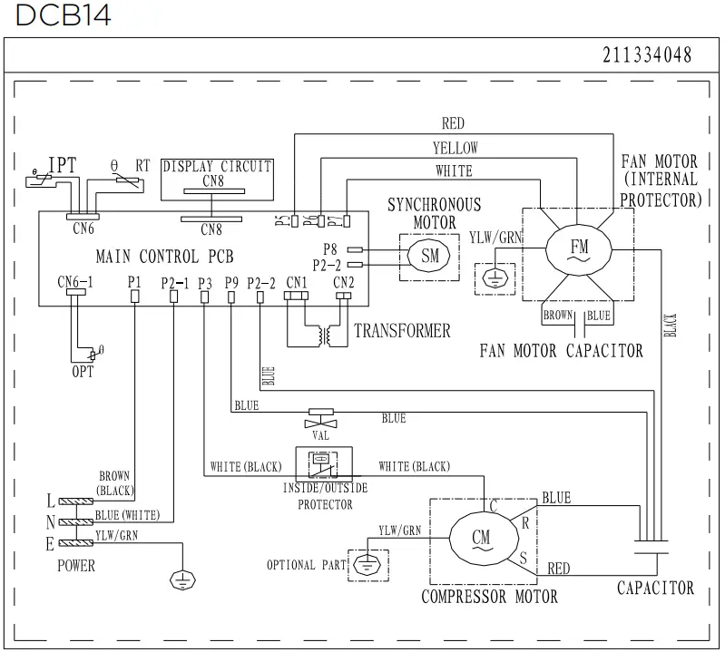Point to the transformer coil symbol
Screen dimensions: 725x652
click(x=325, y=336)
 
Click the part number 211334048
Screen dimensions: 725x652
click(x=647, y=55)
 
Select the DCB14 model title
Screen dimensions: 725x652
click(x=64, y=15)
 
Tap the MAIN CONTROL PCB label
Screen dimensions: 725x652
click(x=164, y=257)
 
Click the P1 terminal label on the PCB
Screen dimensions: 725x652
click(x=134, y=282)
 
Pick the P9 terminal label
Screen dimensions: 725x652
click(x=231, y=282)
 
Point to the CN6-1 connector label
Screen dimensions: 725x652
click(x=75, y=282)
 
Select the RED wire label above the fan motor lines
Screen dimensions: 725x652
click(x=453, y=123)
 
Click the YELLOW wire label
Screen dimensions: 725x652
click(x=455, y=148)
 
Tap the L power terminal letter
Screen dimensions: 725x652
click(x=51, y=501)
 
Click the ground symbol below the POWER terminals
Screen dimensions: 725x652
click(x=182, y=580)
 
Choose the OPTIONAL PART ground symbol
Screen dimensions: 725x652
click(x=367, y=564)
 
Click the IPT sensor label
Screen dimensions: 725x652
click(x=63, y=165)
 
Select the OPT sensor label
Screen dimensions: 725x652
click(x=83, y=372)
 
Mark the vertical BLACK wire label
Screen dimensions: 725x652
click(x=671, y=325)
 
